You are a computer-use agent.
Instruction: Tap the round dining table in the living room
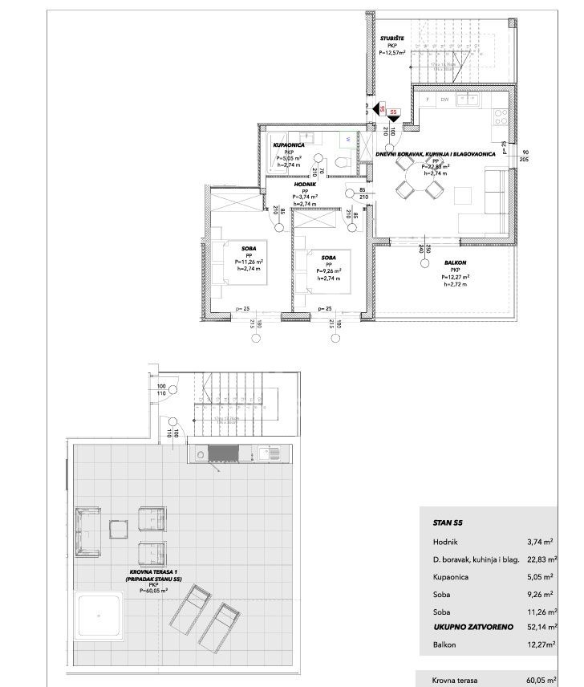(416, 179)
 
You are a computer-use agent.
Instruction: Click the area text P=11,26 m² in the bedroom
(250, 262)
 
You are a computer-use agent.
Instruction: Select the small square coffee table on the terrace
(120, 530)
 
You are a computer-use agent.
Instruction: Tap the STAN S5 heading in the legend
(447, 522)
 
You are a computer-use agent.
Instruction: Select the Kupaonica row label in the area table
(449, 575)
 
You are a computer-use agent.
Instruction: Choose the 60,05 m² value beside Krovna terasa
(542, 679)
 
